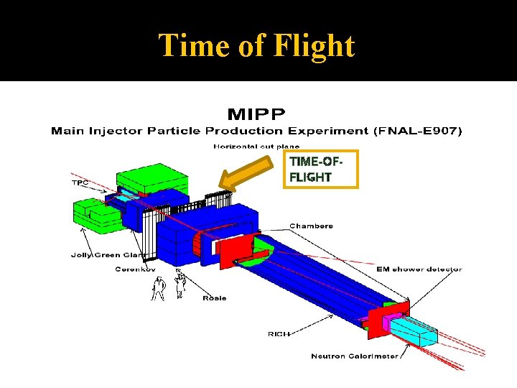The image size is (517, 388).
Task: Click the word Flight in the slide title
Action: pyautogui.click(x=315, y=46)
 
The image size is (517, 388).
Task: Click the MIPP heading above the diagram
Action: pyautogui.click(x=256, y=114)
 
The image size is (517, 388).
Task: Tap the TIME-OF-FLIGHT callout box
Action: pyautogui.click(x=320, y=169)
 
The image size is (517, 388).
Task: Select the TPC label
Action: pyautogui.click(x=80, y=183)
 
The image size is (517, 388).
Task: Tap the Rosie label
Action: pyautogui.click(x=215, y=297)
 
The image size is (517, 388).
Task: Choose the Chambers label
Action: pyautogui.click(x=311, y=226)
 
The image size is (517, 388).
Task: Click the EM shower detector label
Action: pyautogui.click(x=419, y=269)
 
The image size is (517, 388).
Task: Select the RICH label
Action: pyautogui.click(x=280, y=333)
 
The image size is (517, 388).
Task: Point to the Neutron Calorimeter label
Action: pyautogui.click(x=354, y=356)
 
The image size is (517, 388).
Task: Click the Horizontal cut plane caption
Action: pyautogui.click(x=256, y=147)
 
